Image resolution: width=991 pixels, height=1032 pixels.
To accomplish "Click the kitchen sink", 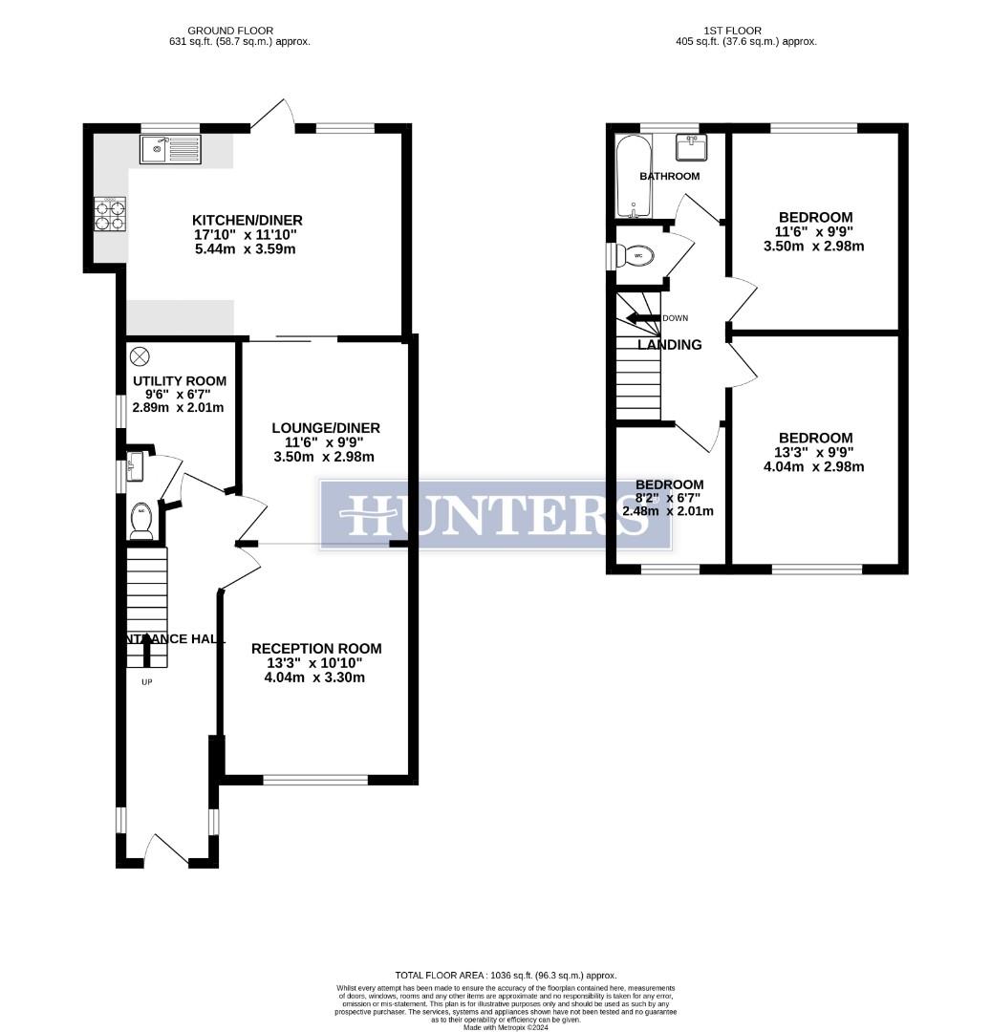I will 170,149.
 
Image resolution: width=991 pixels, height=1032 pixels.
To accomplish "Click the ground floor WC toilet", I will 141,515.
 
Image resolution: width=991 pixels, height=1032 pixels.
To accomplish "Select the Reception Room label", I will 316,648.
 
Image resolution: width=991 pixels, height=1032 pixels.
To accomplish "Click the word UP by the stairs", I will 146,682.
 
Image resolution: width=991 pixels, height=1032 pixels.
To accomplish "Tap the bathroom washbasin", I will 692,147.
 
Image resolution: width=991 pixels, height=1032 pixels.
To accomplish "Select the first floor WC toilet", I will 636,256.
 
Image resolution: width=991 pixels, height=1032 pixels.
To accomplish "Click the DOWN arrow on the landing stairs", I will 646,318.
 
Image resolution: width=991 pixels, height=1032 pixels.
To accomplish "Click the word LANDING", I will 670,345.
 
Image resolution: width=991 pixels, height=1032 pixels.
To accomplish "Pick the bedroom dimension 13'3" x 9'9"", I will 814,453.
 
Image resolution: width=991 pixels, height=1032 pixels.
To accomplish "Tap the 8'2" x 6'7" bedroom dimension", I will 669,498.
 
